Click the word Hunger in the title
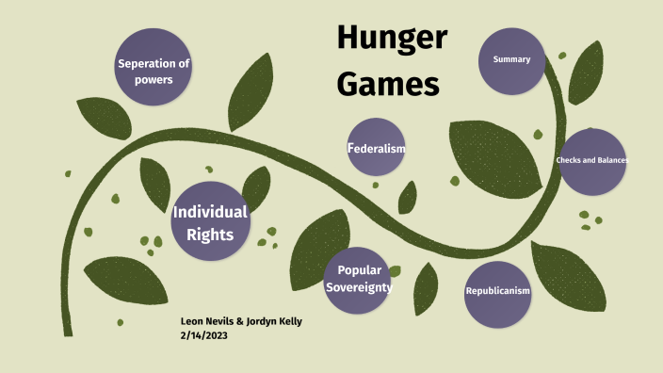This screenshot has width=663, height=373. pyautogui.click(x=391, y=39)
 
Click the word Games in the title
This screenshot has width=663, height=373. pyautogui.click(x=388, y=84)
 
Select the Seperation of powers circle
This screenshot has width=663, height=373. pyautogui.click(x=153, y=67)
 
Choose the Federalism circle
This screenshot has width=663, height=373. pyautogui.click(x=376, y=147)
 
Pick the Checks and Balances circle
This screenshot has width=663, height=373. pyautogui.click(x=592, y=161)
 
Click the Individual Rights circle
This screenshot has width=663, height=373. pyautogui.click(x=209, y=221)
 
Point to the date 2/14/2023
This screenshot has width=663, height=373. pyautogui.click(x=203, y=335)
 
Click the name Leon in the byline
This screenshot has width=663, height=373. pyautogui.click(x=191, y=321)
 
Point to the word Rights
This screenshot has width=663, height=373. pyautogui.click(x=209, y=234)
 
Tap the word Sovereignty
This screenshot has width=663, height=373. pyautogui.click(x=359, y=287)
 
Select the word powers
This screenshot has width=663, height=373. pyautogui.click(x=153, y=80)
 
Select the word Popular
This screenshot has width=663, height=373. pyautogui.click(x=358, y=270)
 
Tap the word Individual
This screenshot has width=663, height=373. pyautogui.click(x=209, y=211)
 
